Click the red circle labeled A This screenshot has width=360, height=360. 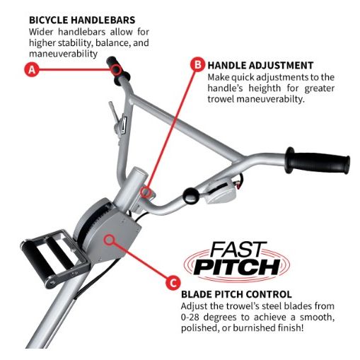click(x=32, y=69)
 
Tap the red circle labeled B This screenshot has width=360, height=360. click(x=197, y=64)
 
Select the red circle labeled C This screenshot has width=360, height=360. click(x=173, y=283)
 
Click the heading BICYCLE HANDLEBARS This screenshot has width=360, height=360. click(x=82, y=20)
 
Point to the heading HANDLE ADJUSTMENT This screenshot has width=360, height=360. click(x=260, y=65)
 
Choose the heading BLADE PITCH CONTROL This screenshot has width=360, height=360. click(x=236, y=294)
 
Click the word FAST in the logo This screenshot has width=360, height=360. click(x=238, y=250)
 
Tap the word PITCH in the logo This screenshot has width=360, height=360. click(x=237, y=267)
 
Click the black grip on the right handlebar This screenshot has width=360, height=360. click(x=318, y=161)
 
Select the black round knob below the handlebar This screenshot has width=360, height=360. click(x=191, y=195)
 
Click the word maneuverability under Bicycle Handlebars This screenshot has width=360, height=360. click(x=63, y=54)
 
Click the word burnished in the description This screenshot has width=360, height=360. click(x=253, y=327)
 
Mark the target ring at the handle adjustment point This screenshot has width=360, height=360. click(x=146, y=192)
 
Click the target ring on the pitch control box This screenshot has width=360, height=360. click(x=109, y=240)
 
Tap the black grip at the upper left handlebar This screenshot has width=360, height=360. click(x=117, y=69)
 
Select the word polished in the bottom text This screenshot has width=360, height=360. click(x=199, y=328)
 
